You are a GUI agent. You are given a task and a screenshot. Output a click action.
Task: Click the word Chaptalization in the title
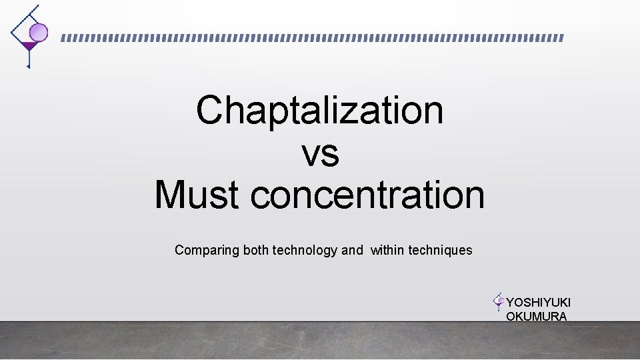[x=319, y=110]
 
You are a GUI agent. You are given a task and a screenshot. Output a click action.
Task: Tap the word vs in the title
[x=320, y=153]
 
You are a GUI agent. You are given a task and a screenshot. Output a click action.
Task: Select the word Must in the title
[x=197, y=195]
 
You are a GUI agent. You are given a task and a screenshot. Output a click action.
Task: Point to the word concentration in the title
[x=367, y=195]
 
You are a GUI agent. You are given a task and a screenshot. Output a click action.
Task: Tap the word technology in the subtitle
[x=305, y=251]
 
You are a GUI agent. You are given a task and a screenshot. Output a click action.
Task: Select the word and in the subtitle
[x=352, y=251]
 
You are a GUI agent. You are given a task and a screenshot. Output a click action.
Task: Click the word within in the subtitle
[x=387, y=251]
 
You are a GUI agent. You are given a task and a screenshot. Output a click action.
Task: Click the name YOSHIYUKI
[x=538, y=303]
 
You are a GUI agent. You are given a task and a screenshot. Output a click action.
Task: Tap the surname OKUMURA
[x=536, y=317]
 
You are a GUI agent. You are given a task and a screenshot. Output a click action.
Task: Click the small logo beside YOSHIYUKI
[x=498, y=301]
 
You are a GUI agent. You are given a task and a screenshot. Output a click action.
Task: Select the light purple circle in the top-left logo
[x=39, y=31]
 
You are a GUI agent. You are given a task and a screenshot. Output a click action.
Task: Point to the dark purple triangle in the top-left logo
[x=28, y=46]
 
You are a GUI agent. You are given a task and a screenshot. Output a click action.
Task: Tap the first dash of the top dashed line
[x=64, y=38]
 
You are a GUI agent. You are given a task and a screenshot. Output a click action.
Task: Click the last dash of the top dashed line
[x=561, y=38]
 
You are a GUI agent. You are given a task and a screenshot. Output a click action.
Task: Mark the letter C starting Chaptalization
[x=209, y=110]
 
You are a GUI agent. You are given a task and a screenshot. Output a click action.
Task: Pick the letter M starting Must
[x=169, y=195]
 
